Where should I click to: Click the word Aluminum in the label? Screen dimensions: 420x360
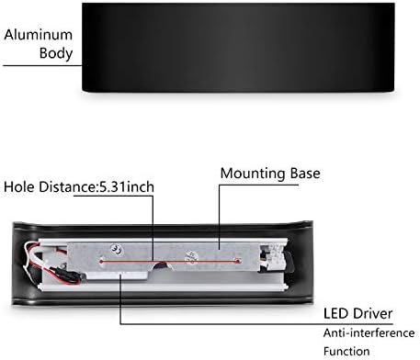tap(39, 35)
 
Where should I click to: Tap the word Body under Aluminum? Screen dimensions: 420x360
tap(56, 53)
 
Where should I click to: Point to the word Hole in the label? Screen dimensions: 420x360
tap(19, 186)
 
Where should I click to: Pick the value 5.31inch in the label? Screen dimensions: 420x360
tap(127, 186)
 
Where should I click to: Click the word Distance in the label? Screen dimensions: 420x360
tap(67, 186)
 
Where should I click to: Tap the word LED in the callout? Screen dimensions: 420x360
tap(336, 313)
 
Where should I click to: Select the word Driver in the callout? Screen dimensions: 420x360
tap(372, 313)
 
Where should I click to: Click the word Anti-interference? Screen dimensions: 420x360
tap(369, 332)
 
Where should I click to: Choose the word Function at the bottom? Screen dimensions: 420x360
tap(346, 351)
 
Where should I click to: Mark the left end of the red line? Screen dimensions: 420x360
tap(101, 262)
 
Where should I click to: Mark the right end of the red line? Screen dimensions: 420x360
tap(238, 261)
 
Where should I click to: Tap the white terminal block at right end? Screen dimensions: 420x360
tap(274, 256)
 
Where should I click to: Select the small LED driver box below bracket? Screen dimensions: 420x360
tap(117, 276)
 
